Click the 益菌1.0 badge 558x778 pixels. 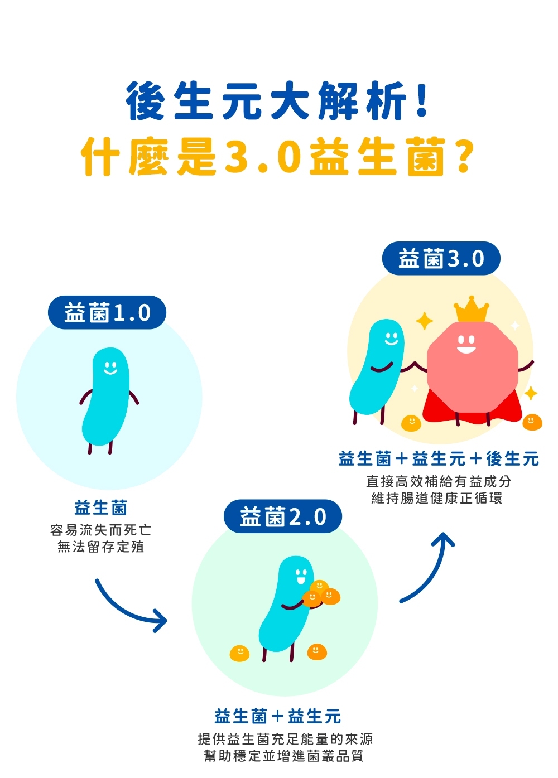107,312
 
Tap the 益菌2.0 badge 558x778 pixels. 283,517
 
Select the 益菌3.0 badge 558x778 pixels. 441,258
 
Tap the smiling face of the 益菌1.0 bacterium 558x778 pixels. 110,368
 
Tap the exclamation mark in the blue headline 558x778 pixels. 422,100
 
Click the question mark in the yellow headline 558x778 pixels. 463,157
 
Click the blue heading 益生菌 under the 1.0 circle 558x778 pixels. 101,508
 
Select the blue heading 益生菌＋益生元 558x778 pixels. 277,716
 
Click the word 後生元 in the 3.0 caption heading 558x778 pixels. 512,459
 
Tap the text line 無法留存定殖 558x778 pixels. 101,547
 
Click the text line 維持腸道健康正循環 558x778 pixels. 437,498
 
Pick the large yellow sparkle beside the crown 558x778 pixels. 425,321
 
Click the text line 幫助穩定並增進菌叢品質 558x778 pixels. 284,756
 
